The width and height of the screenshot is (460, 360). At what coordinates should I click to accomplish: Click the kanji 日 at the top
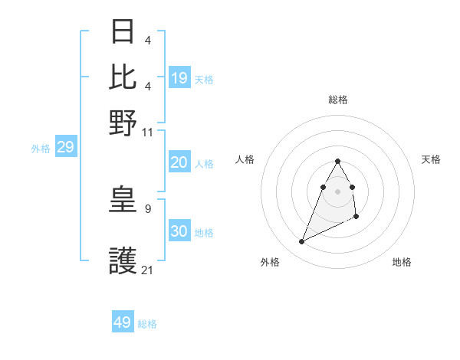[x=123, y=31]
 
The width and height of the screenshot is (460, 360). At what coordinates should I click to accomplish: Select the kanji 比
[x=123, y=77]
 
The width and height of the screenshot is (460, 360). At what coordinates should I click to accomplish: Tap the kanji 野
[x=123, y=123]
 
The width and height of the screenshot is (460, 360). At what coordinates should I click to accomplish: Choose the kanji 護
[x=123, y=262]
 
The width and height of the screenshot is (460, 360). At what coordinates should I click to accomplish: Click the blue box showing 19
[x=179, y=78]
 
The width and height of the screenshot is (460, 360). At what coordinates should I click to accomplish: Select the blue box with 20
[x=179, y=162]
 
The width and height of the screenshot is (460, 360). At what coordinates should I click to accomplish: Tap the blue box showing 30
[x=179, y=231]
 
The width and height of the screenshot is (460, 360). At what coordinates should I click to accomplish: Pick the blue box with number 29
[x=65, y=147]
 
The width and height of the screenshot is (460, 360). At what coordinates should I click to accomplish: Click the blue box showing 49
[x=123, y=322]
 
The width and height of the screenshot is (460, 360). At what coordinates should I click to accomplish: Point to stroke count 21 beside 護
[x=148, y=270]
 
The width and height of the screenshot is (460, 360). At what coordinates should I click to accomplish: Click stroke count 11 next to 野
[x=148, y=132]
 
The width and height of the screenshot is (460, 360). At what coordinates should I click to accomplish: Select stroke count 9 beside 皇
[x=148, y=208]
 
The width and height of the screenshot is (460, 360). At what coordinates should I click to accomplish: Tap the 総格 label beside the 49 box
[x=148, y=324]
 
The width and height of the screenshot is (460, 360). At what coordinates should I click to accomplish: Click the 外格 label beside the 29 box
[x=41, y=149]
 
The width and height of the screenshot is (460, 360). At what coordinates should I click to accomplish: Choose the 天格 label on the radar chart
[x=431, y=159]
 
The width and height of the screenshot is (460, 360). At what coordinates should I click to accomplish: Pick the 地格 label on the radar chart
[x=402, y=262]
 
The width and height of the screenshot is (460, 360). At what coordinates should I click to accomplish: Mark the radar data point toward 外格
[x=301, y=242]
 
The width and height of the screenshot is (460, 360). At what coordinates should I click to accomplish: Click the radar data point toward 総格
[x=337, y=162]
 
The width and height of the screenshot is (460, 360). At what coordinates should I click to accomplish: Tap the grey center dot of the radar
[x=337, y=191]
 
